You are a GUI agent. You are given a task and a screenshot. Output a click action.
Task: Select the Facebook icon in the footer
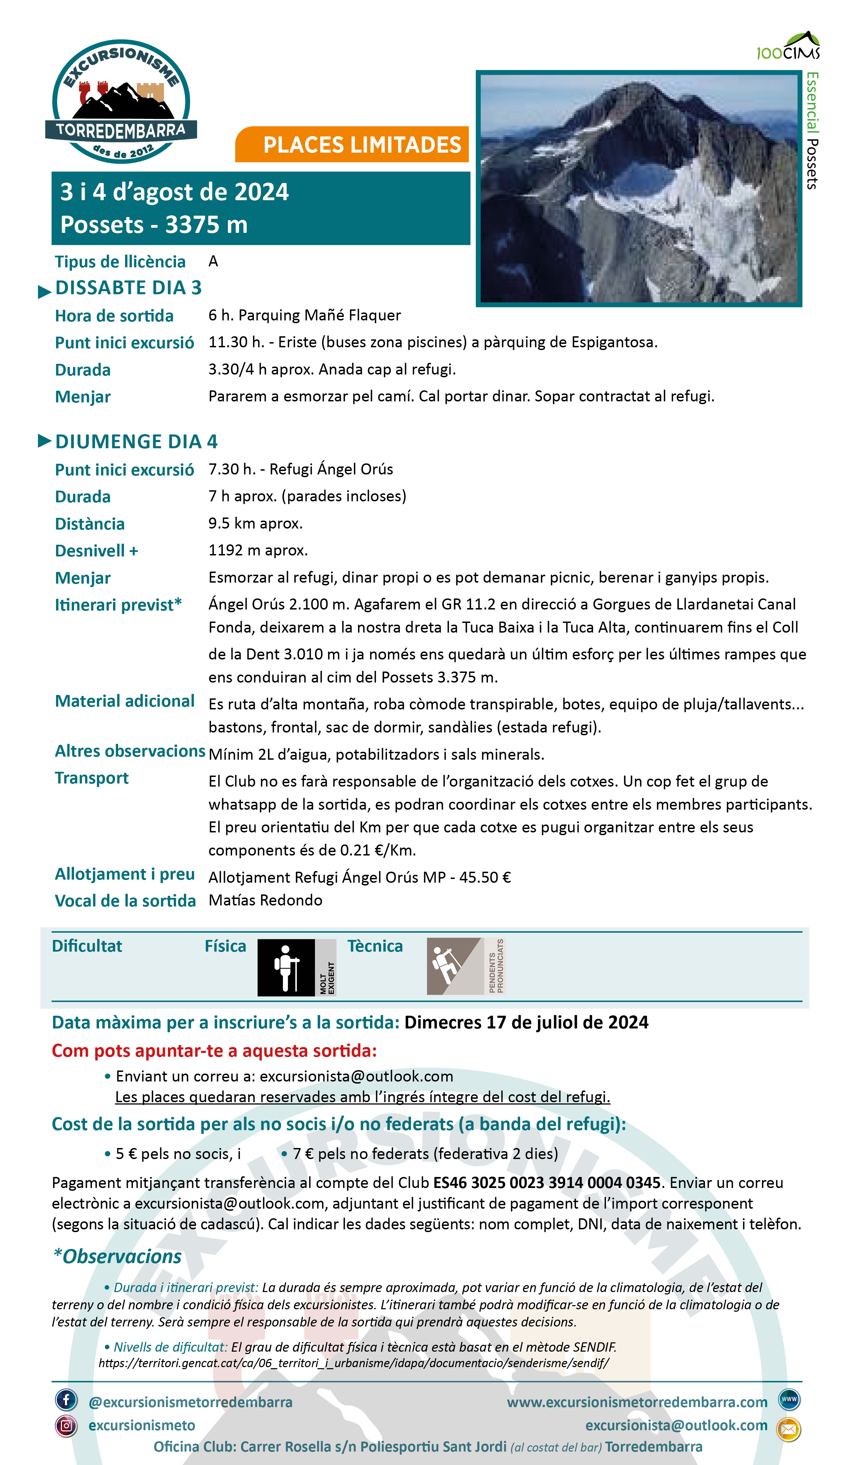click(x=66, y=1401)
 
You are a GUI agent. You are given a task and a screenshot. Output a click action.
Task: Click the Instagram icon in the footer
click(x=66, y=1425)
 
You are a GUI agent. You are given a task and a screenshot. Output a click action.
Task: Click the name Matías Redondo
click(x=265, y=901)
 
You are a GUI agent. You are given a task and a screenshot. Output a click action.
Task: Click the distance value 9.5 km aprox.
click(x=256, y=523)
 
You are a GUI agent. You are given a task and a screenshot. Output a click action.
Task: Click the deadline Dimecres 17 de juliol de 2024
click(x=526, y=1023)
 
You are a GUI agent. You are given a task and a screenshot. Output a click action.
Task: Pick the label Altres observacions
click(x=130, y=751)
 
